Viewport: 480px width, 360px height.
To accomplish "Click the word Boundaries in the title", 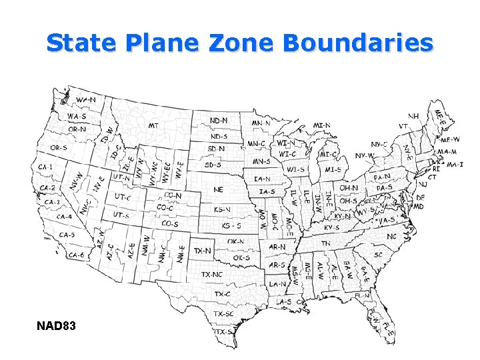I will coord(358,43).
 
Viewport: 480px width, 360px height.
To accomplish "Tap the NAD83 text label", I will coord(57,326).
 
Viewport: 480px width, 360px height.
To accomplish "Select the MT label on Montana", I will coord(153,125).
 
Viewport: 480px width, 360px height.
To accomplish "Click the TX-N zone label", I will coord(203,251).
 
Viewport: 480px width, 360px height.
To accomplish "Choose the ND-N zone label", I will coord(219,120).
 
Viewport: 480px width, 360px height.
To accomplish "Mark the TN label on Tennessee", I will coord(325,244).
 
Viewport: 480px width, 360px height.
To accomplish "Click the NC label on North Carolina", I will coord(391,237).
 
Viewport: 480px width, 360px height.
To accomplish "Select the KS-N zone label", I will coord(223,209).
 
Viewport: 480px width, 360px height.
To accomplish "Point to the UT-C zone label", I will coord(121,198).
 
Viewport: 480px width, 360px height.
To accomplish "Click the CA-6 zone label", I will coord(76,255).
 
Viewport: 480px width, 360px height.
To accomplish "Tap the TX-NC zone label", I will coord(212,274).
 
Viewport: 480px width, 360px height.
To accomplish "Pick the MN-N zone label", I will coord(261,123).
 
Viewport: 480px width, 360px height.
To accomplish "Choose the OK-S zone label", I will coord(241,257).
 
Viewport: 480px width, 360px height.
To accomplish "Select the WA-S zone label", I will coord(76,116).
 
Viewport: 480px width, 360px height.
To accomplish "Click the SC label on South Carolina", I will coord(378,255).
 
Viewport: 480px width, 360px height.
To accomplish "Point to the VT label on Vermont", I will coord(403,126).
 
